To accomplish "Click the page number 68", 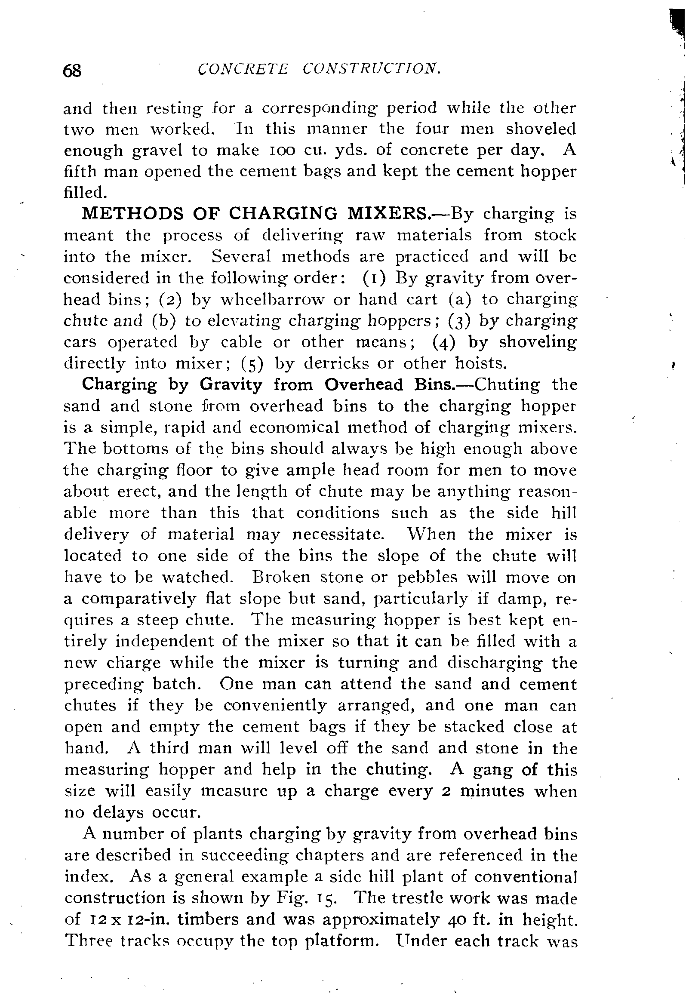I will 72,70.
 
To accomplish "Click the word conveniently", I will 275,705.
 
